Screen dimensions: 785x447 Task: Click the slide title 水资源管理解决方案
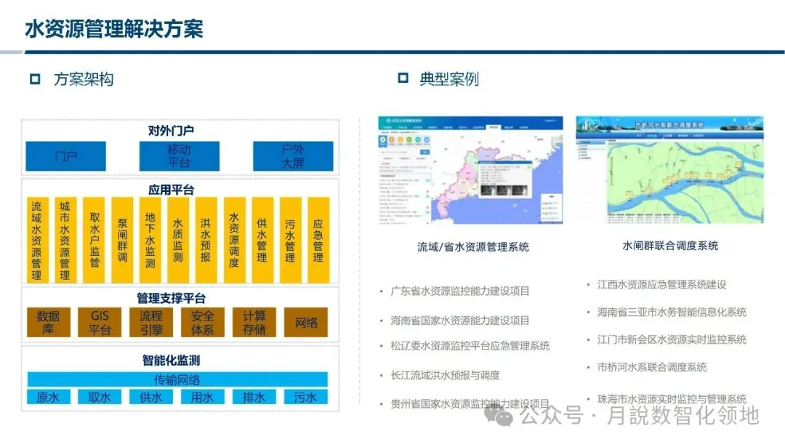[x=114, y=28]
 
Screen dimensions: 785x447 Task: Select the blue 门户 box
[x=66, y=156]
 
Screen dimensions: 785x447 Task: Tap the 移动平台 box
[x=179, y=156]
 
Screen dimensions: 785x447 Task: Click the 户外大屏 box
[x=293, y=156]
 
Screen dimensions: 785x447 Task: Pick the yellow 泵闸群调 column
[x=122, y=240]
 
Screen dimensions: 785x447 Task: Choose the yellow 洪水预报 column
[x=206, y=240]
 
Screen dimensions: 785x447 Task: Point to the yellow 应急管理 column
[x=318, y=240]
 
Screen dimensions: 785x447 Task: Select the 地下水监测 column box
[x=150, y=240]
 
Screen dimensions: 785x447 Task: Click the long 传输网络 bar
[x=177, y=379]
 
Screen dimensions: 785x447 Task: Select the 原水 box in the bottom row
[x=48, y=398]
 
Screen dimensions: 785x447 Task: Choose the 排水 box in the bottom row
[x=254, y=398]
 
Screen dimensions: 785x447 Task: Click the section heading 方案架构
[x=84, y=79]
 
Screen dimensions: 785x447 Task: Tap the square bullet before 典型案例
[x=403, y=78]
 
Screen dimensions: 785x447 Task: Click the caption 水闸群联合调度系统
[x=670, y=246]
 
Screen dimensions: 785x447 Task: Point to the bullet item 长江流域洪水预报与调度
[x=444, y=375]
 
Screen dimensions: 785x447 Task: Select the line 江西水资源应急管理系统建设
[x=662, y=284]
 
